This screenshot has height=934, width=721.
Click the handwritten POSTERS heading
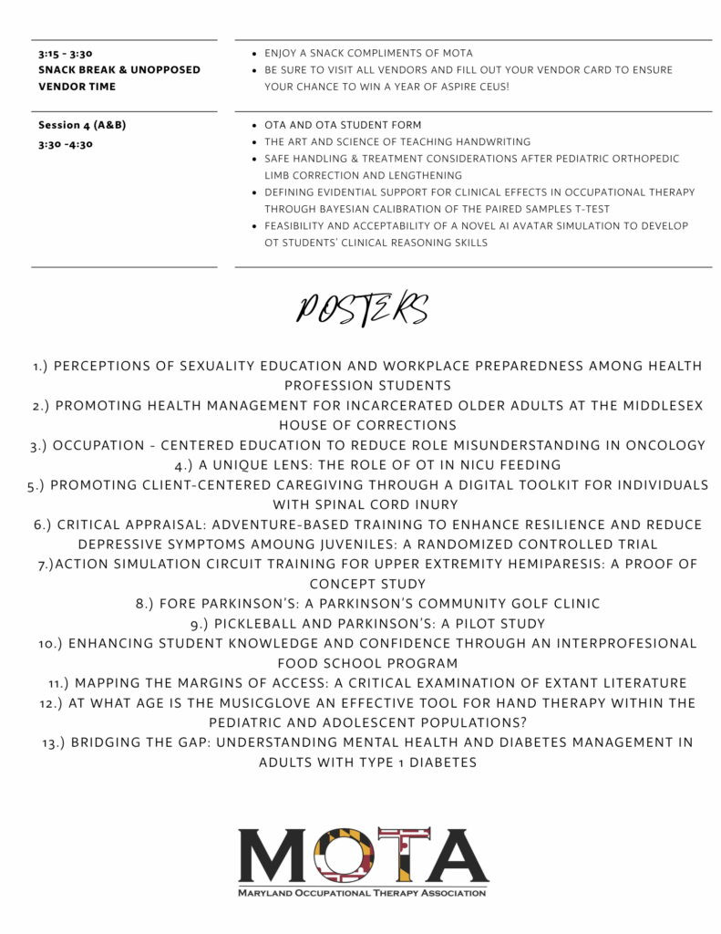[362, 309]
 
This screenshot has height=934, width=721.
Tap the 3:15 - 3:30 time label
[65, 54]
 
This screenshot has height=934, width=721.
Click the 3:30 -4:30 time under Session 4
[66, 143]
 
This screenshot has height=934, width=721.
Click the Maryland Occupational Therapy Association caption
[362, 893]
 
